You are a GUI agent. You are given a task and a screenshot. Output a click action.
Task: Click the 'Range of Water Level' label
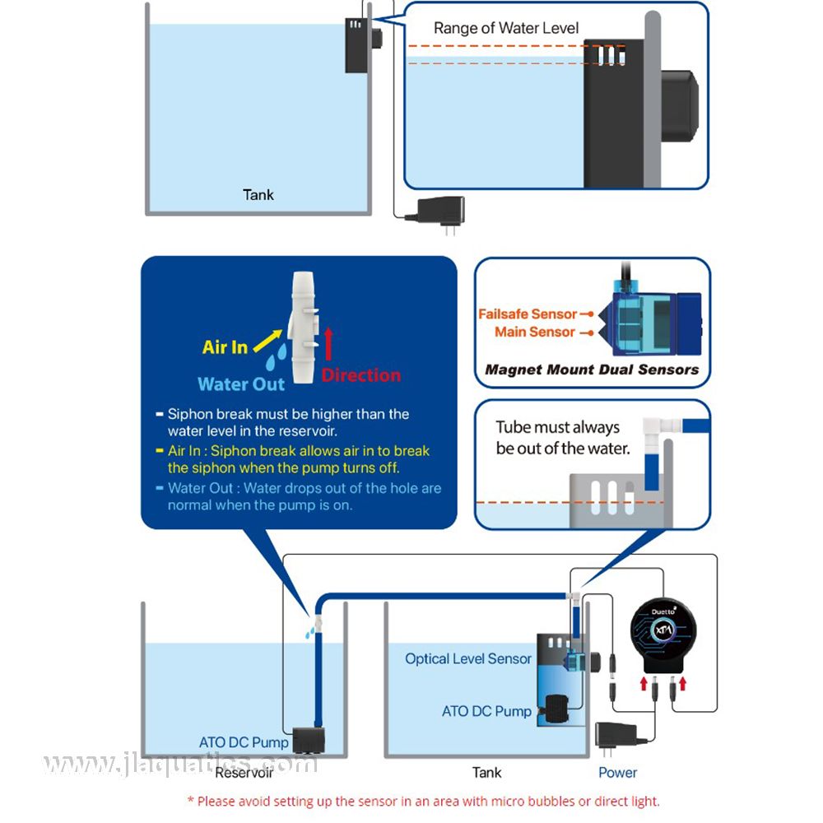pyautogui.click(x=506, y=28)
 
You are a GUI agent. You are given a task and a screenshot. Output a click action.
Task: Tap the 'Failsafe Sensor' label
pyautogui.click(x=528, y=314)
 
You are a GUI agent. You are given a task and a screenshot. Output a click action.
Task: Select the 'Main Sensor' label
pyautogui.click(x=535, y=332)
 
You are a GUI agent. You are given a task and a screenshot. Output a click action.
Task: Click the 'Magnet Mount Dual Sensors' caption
pyautogui.click(x=592, y=370)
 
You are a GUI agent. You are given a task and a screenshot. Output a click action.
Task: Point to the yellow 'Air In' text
pyautogui.click(x=225, y=347)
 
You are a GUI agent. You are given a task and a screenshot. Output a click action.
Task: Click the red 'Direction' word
pyautogui.click(x=361, y=375)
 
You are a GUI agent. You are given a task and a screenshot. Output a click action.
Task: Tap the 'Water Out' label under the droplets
pyautogui.click(x=241, y=384)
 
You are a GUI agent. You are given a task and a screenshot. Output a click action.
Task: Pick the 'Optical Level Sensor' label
pyautogui.click(x=467, y=658)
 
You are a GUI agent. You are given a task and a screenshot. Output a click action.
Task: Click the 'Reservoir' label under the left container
pyautogui.click(x=244, y=773)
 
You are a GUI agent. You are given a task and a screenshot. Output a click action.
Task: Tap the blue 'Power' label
pyautogui.click(x=617, y=773)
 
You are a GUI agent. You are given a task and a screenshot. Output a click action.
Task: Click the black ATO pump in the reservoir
pyautogui.click(x=310, y=738)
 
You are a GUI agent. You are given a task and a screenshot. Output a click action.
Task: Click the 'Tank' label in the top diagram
pyautogui.click(x=258, y=195)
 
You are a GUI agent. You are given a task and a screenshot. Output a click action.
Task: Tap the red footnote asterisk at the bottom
pyautogui.click(x=191, y=801)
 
